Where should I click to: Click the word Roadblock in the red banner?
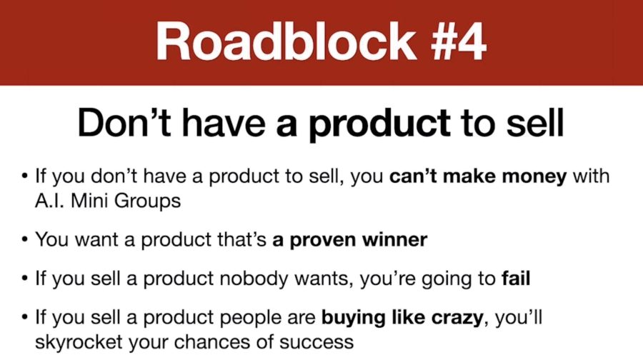[x=285, y=41]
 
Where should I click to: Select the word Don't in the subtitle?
[x=124, y=122]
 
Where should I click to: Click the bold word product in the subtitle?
[x=379, y=124]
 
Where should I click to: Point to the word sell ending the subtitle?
[x=535, y=122]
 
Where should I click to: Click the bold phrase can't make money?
[x=478, y=176]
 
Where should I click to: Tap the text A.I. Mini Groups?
[x=108, y=201]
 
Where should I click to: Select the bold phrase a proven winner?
[x=350, y=239]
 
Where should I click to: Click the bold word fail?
[x=516, y=279]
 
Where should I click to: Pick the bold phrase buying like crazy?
[x=402, y=318]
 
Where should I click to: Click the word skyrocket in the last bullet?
[x=79, y=342]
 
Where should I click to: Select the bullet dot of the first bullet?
[x=26, y=176]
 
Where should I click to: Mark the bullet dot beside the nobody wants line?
[x=26, y=279]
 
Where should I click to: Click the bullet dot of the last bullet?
[x=26, y=317]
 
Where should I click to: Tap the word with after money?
[x=591, y=176]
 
